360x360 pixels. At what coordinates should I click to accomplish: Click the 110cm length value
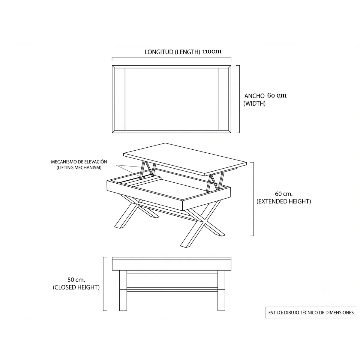212,51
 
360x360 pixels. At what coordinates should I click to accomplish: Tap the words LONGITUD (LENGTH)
172,52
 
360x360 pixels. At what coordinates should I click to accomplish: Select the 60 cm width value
277,95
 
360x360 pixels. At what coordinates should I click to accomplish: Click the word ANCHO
254,96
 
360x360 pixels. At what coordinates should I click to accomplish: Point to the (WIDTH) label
254,103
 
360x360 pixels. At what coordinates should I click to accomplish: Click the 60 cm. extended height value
283,194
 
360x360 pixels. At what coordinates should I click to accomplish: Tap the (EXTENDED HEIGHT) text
283,201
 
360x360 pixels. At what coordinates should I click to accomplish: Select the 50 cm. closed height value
76,280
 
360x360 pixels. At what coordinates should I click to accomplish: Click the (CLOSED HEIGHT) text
76,287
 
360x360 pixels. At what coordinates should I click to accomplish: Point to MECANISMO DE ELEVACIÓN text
79,162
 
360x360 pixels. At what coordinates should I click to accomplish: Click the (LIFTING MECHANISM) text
79,168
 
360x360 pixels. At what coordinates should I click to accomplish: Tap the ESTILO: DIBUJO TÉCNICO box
311,313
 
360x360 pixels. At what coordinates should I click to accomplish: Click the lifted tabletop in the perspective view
185,159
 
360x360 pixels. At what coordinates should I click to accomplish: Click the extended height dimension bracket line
253,199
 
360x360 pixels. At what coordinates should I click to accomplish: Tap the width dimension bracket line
239,99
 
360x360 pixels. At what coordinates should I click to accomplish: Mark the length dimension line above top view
172,57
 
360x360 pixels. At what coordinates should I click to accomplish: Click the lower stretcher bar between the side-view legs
172,290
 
